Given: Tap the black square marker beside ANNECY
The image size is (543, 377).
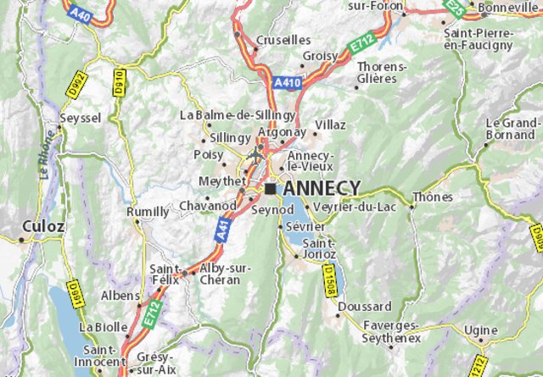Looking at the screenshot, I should pyautogui.click(x=270, y=188).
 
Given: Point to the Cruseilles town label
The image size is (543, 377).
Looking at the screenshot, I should pyautogui.click(x=283, y=40).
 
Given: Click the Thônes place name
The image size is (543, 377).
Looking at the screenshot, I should pyautogui.click(x=427, y=197).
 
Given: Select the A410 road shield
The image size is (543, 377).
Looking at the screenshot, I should pyautogui.click(x=287, y=83).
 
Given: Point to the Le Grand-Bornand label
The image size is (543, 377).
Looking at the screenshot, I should pyautogui.click(x=512, y=128).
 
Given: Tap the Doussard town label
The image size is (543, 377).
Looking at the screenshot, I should pyautogui.click(x=364, y=306).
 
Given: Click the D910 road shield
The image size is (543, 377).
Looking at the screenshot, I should pyautogui.click(x=118, y=82).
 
